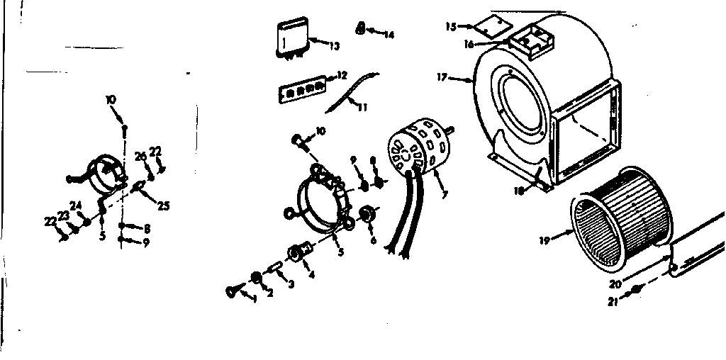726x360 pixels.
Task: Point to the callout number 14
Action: [389, 34]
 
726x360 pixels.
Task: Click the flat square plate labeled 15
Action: [493, 27]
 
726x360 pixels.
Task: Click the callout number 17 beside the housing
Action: [442, 77]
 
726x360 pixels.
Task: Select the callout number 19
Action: [544, 240]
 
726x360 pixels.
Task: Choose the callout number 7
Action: [444, 194]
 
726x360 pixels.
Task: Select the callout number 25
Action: [164, 206]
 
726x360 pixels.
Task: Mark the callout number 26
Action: [140, 156]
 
